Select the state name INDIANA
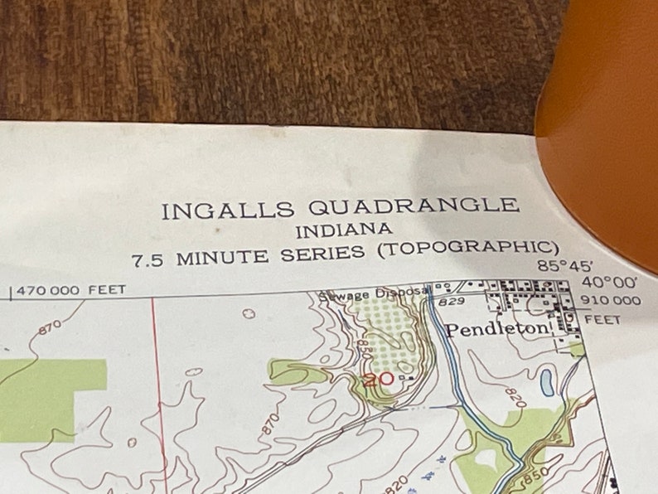tap(344, 230)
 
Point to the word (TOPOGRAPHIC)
tap(467, 249)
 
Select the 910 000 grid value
tap(612, 300)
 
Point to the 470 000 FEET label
tap(70, 290)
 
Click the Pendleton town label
tap(497, 329)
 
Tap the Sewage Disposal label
tap(373, 292)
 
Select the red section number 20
tap(378, 380)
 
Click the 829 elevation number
tap(452, 303)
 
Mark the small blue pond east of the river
tap(547, 382)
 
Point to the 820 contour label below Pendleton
tap(515, 396)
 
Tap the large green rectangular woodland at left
tap(50, 398)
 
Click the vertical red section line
tap(157, 390)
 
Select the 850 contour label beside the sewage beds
tap(362, 346)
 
